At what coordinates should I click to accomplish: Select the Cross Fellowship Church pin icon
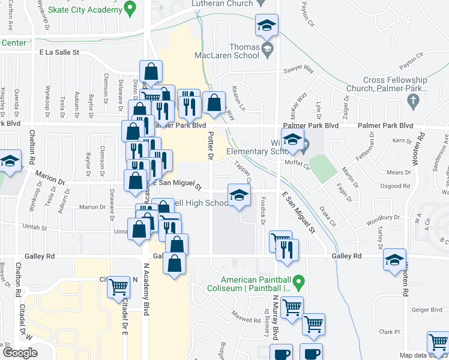click(x=412, y=101)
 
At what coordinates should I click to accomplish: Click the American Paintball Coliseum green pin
click(x=304, y=281)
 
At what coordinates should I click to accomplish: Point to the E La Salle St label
click(x=59, y=53)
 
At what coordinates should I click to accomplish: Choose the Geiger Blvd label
click(x=427, y=310)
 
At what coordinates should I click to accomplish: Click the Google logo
click(x=20, y=353)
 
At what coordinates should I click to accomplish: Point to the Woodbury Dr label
click(x=385, y=217)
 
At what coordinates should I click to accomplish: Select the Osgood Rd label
click(x=416, y=185)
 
